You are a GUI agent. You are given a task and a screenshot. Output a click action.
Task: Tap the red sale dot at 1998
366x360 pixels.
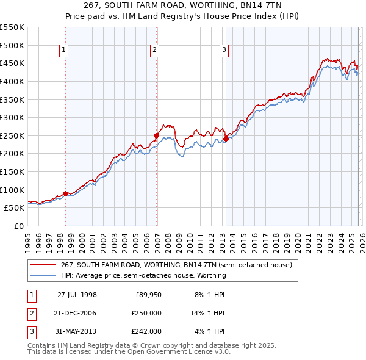pos(65,193)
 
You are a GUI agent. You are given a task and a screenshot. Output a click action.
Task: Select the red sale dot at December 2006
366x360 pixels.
pos(157,135)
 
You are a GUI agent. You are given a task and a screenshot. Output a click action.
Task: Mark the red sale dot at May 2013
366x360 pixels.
pos(226,139)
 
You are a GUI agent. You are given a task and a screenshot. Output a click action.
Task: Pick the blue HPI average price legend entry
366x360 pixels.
pos(143,275)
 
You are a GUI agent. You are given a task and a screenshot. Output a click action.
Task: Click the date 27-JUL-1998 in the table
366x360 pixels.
pos(77,295)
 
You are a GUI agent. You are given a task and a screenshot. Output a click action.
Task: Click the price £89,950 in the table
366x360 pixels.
pos(148,295)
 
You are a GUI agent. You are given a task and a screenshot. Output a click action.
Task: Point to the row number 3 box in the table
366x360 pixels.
pos(30,331)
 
